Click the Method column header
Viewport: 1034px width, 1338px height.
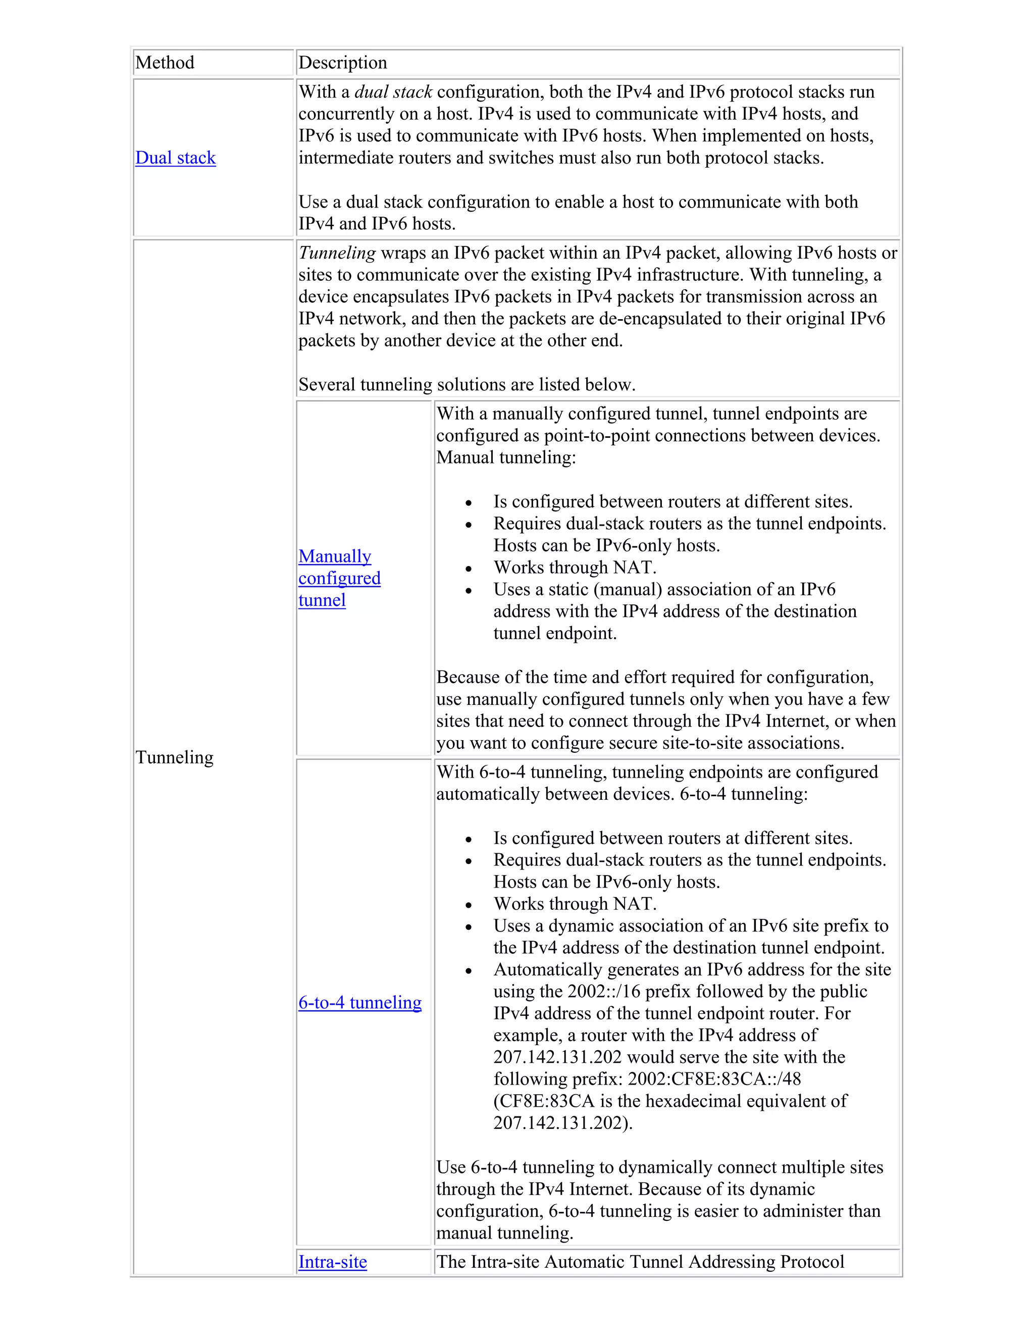165,63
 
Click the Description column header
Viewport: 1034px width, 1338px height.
342,63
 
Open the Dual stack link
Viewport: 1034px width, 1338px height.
175,158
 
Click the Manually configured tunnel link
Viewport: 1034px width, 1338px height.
339,578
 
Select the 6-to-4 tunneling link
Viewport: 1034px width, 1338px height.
359,1003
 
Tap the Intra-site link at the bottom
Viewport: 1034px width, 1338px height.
333,1262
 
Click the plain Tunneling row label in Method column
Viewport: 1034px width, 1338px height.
175,758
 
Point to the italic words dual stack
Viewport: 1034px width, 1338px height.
393,92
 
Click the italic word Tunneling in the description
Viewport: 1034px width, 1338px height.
337,253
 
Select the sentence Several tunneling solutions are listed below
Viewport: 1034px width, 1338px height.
467,385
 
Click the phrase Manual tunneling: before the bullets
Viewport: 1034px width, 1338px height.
506,457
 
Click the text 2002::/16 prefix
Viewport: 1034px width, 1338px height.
626,992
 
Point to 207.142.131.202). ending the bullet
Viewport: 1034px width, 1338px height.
563,1123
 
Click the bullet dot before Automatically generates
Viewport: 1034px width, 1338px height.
469,971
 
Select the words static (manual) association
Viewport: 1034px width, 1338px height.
665,589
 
